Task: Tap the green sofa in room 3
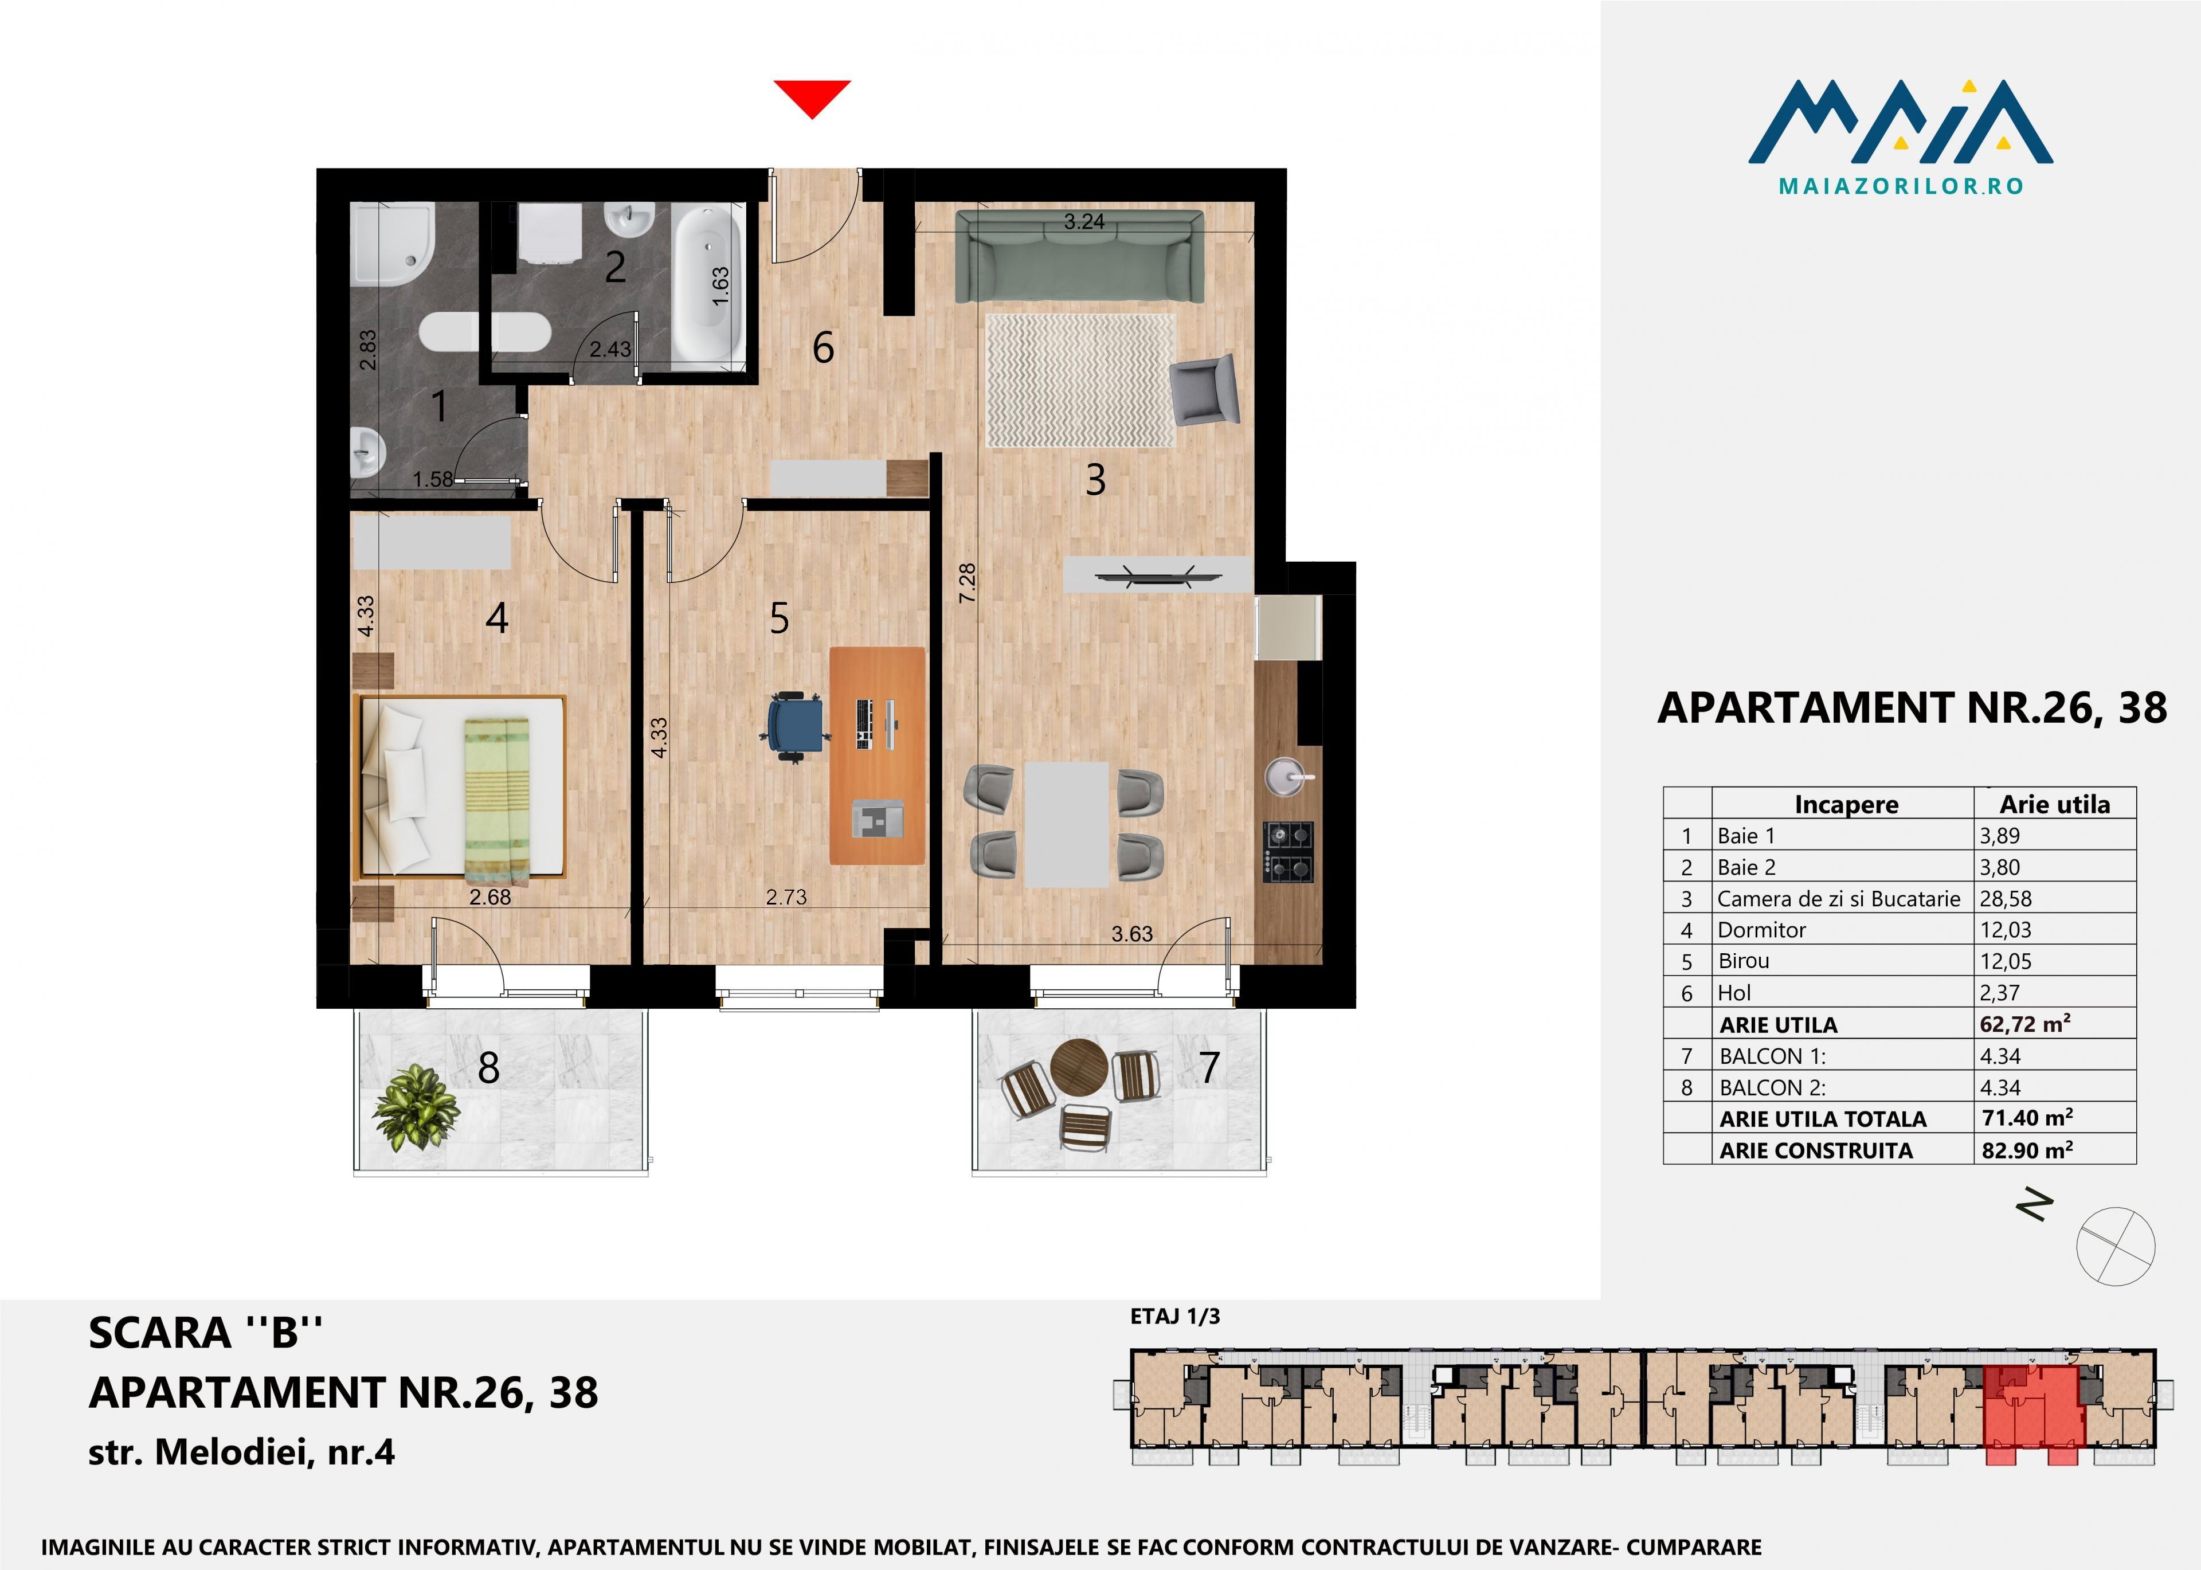[x=1080, y=257]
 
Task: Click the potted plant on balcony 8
[x=416, y=1107]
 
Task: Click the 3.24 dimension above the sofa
[x=1083, y=221]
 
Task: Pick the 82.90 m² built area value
[x=2027, y=1149]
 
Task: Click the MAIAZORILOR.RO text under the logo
[x=1901, y=186]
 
